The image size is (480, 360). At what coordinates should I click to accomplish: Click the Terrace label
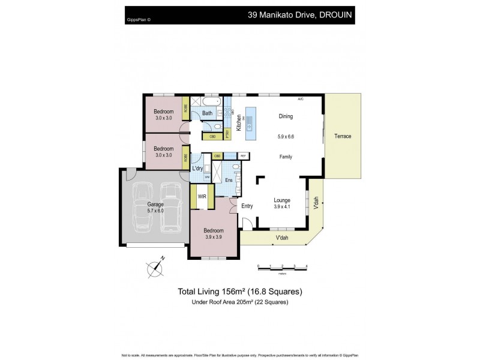tap(343, 136)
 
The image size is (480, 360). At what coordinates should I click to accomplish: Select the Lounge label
tap(282, 200)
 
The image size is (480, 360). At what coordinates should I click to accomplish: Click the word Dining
tap(285, 116)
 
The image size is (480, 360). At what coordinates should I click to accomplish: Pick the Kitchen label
tap(238, 123)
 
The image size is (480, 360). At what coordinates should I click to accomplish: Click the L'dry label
tap(198, 169)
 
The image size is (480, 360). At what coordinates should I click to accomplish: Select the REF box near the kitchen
tap(244, 156)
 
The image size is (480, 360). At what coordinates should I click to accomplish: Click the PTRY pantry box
tap(227, 133)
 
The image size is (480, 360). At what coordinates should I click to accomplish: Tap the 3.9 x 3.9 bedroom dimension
tap(213, 238)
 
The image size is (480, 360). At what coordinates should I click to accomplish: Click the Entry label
tap(247, 206)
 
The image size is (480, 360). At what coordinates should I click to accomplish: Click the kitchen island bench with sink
tap(251, 122)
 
